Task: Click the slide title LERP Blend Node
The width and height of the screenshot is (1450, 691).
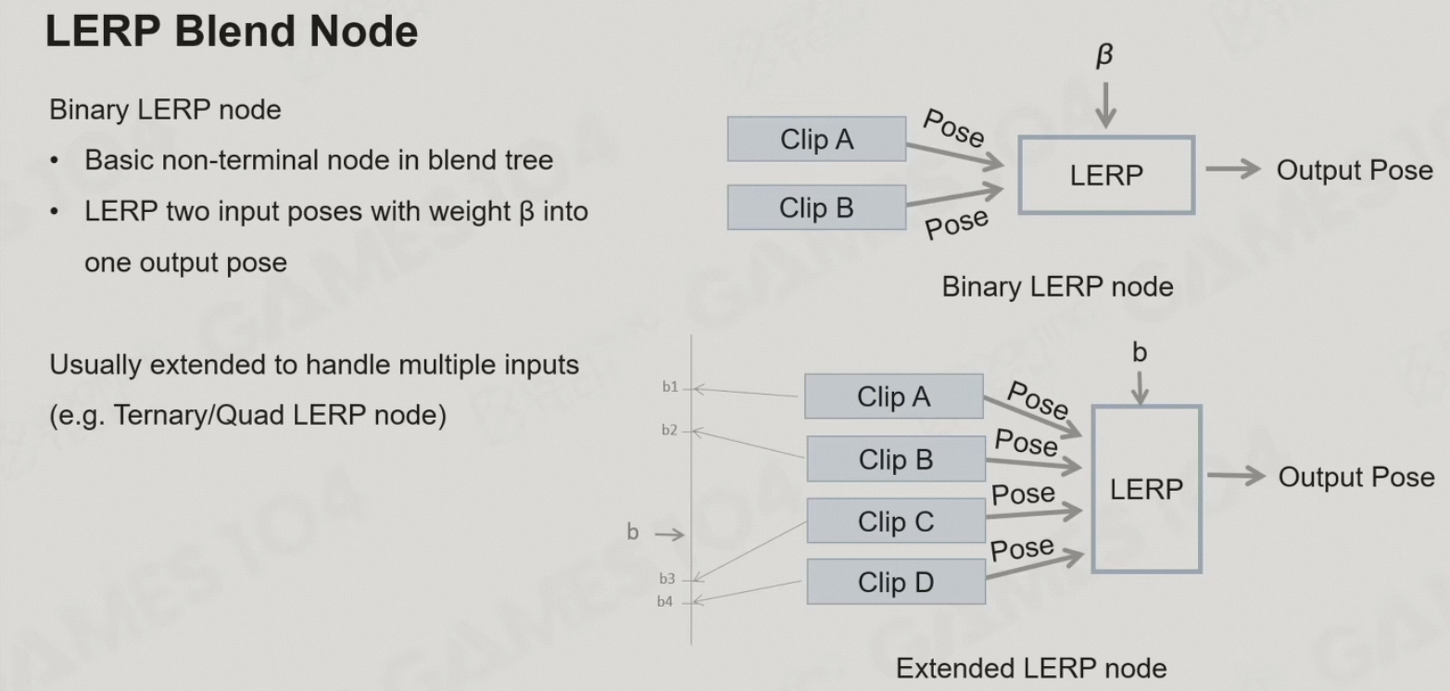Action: (x=231, y=33)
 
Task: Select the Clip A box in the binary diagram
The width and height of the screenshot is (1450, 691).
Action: (x=816, y=140)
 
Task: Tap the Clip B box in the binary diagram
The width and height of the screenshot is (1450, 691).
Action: (x=816, y=207)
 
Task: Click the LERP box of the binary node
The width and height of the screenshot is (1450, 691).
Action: (x=1106, y=175)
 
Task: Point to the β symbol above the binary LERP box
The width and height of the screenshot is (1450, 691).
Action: (x=1104, y=57)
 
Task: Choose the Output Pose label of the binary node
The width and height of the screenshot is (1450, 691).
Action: (x=1354, y=170)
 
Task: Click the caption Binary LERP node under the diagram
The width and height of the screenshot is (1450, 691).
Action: (x=1057, y=287)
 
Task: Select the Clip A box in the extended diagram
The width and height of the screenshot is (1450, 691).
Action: (x=893, y=397)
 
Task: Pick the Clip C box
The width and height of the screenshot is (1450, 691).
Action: (x=895, y=521)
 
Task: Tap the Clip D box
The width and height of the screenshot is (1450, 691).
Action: (x=895, y=583)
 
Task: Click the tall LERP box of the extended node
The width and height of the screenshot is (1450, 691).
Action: (x=1146, y=489)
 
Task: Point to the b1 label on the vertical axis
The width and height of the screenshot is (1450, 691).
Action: (x=670, y=387)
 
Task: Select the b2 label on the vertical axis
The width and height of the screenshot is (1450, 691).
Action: (x=670, y=430)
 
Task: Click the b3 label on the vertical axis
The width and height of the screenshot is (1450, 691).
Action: (x=667, y=579)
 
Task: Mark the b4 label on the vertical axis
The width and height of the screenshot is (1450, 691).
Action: (x=665, y=602)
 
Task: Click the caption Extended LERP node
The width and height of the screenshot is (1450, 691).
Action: (x=1031, y=668)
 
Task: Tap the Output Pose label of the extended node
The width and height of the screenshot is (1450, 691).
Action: (x=1355, y=477)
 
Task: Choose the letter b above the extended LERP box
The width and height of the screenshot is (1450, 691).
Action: (x=1140, y=352)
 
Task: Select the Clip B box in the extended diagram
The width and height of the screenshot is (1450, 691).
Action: (x=895, y=459)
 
